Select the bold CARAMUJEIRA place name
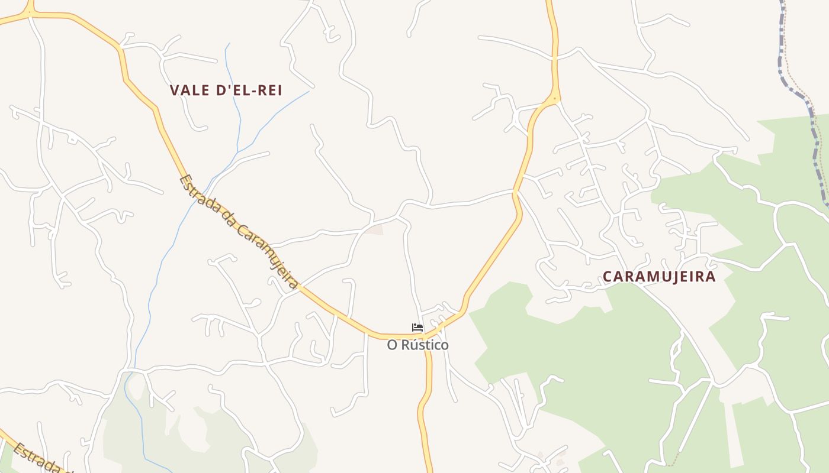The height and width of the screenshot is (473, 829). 659,277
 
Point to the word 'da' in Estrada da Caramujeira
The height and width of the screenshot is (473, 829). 227,219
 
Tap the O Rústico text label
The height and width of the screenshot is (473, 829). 417,345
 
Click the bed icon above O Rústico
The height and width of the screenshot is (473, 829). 417,328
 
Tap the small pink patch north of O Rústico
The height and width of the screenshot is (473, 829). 374,229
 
